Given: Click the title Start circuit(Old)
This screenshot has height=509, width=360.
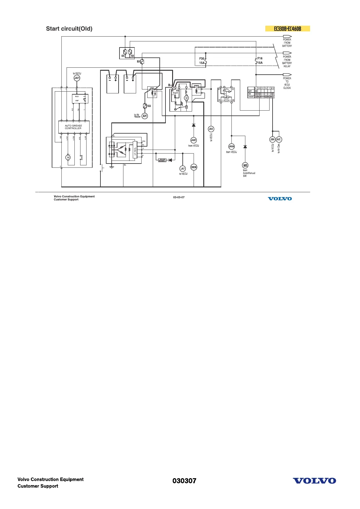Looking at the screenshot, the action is pyautogui.click(x=69, y=29).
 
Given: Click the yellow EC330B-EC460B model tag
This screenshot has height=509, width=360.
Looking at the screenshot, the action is pyautogui.click(x=287, y=29).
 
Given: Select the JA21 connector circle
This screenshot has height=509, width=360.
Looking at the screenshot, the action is pyautogui.click(x=77, y=78).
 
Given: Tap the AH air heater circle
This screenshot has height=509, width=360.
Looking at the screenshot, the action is pyautogui.click(x=145, y=116).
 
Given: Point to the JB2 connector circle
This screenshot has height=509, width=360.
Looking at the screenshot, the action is pyautogui.click(x=211, y=129).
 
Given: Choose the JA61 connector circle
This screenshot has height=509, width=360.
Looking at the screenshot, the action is pyautogui.click(x=193, y=140).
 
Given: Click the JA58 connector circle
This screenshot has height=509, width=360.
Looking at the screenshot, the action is pyautogui.click(x=231, y=146).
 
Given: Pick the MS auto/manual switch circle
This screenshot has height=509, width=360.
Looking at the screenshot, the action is pyautogui.click(x=245, y=165).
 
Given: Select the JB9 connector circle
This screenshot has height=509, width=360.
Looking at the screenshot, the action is pyautogui.click(x=272, y=139).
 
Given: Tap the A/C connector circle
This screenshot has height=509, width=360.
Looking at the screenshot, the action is pyautogui.click(x=279, y=139).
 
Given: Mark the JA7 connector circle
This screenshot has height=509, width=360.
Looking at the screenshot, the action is pyautogui.click(x=182, y=169).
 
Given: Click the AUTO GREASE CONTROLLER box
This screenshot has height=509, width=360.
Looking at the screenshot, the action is pyautogui.click(x=74, y=127).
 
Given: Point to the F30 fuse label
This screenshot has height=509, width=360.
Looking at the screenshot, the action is pyautogui.click(x=202, y=59).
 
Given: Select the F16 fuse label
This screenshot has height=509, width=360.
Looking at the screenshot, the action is pyautogui.click(x=260, y=59).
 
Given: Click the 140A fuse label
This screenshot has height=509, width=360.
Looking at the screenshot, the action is pyautogui.click(x=149, y=106).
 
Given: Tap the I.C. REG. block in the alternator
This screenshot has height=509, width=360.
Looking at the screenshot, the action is pyautogui.click(x=135, y=149).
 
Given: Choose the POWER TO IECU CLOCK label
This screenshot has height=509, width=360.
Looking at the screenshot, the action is pyautogui.click(x=287, y=83).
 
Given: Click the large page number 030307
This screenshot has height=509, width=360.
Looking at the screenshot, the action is pyautogui.click(x=184, y=481).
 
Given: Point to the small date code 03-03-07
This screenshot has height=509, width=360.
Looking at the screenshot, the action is pyautogui.click(x=179, y=197).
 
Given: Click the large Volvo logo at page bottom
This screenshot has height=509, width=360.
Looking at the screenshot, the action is pyautogui.click(x=314, y=481).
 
